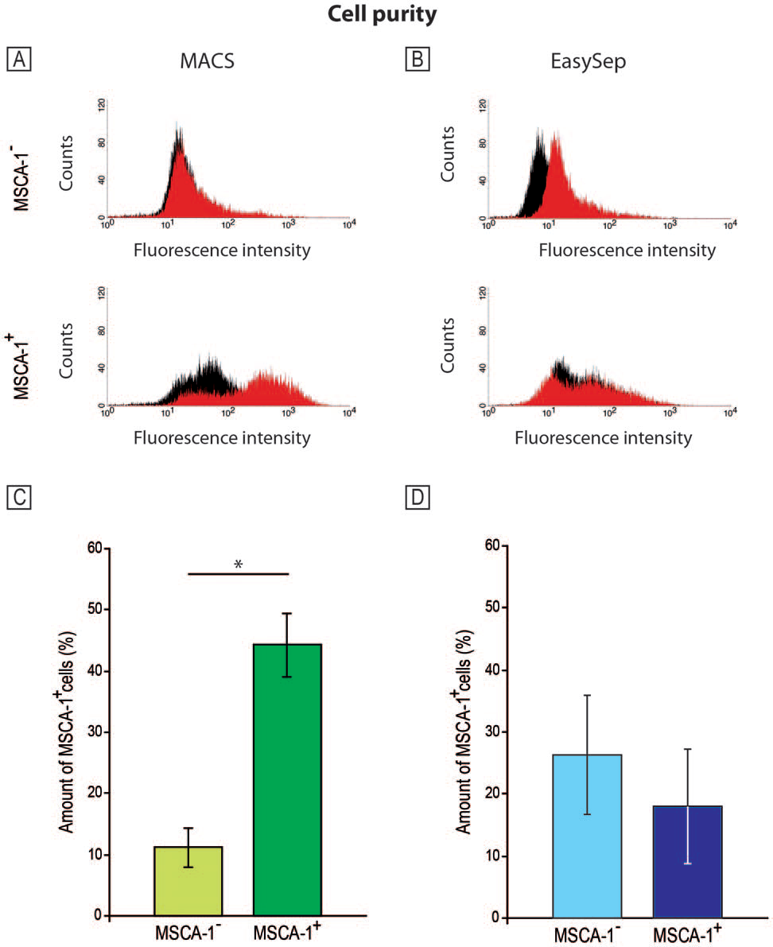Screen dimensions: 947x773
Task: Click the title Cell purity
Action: click(x=386, y=16)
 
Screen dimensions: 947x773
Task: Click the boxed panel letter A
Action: click(x=17, y=60)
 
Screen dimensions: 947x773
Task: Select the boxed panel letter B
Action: click(x=415, y=60)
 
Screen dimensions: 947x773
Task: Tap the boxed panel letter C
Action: click(x=17, y=498)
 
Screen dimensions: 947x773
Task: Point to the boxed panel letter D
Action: click(x=415, y=498)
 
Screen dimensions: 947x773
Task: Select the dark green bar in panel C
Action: click(x=287, y=779)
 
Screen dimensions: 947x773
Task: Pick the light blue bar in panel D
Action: click(x=588, y=835)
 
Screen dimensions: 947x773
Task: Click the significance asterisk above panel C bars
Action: click(x=239, y=565)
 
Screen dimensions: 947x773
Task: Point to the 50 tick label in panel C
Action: click(x=94, y=609)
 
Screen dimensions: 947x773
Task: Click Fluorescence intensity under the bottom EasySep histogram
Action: click(x=604, y=437)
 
